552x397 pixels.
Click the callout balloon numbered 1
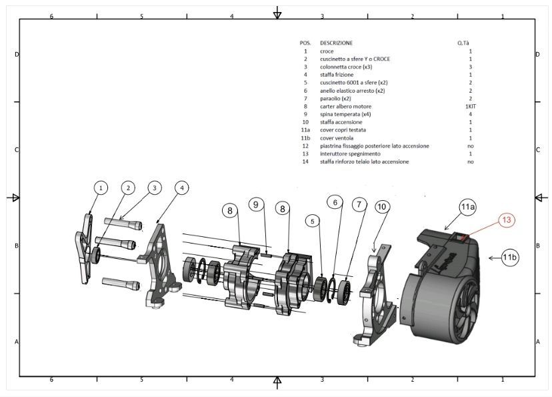tap(101, 188)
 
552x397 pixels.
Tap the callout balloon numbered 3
tap(154, 188)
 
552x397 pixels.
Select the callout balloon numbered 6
tap(337, 202)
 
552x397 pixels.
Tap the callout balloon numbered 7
tap(360, 205)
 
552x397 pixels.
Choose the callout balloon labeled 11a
tap(467, 207)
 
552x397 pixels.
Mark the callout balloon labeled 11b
tap(511, 257)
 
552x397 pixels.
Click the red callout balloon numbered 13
tap(507, 219)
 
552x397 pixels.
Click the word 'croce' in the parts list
tap(327, 51)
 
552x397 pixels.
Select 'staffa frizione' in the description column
tap(337, 75)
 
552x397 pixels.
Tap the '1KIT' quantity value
tap(470, 107)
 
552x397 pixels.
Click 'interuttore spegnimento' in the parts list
tap(350, 154)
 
